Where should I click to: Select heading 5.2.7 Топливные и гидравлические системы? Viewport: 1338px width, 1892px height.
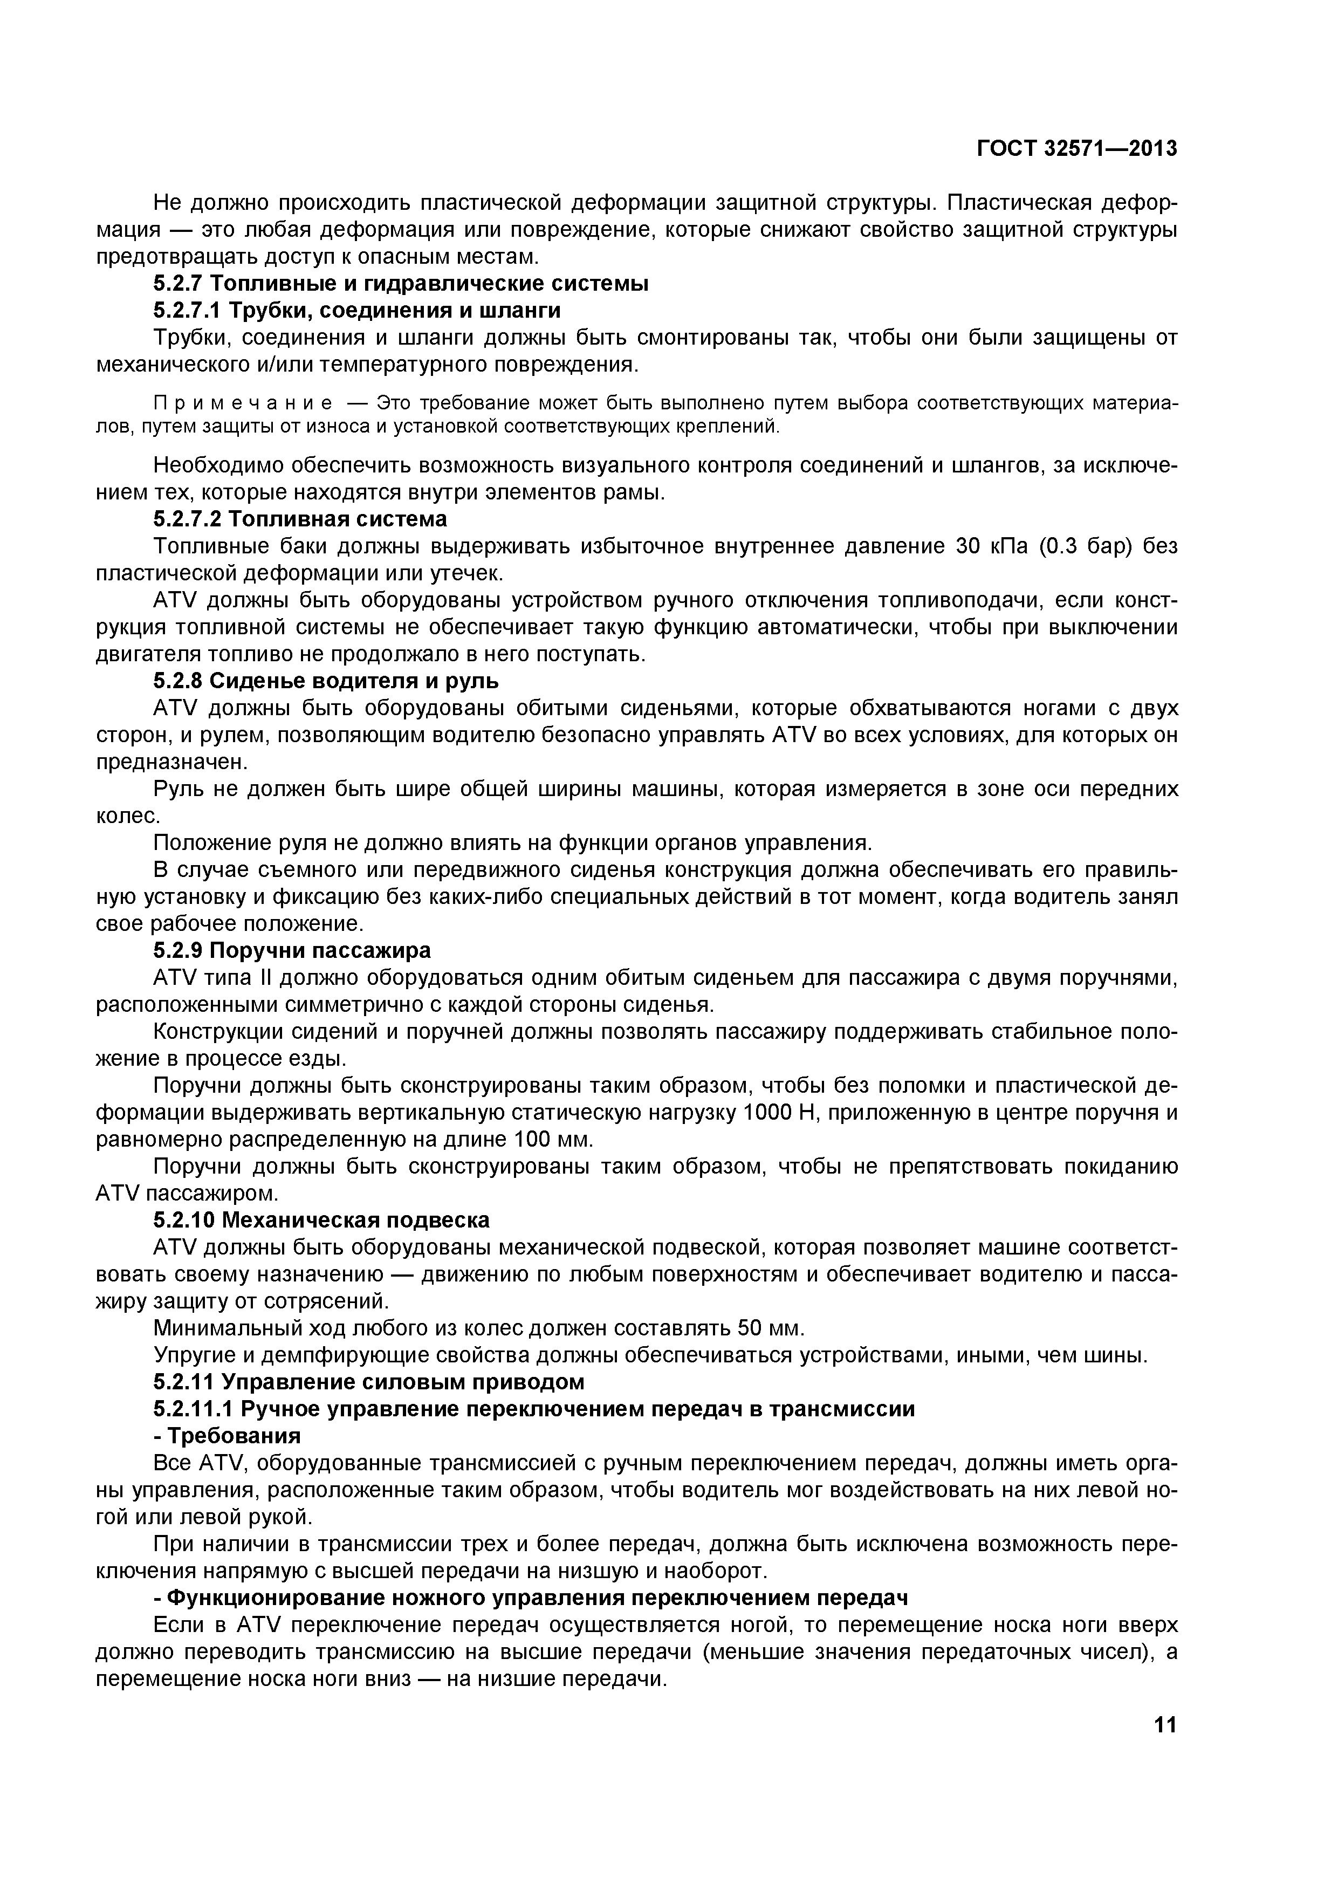click(x=400, y=284)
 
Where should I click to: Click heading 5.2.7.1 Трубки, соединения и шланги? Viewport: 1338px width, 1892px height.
click(x=356, y=311)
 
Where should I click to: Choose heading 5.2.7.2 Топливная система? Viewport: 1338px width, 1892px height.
click(x=300, y=519)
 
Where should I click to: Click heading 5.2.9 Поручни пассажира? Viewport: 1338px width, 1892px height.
click(x=292, y=951)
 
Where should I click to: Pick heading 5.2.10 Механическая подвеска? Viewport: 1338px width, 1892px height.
click(x=321, y=1221)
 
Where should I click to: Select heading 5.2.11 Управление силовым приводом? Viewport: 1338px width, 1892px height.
click(x=369, y=1382)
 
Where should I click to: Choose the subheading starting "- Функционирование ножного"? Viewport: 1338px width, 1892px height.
click(x=531, y=1598)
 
